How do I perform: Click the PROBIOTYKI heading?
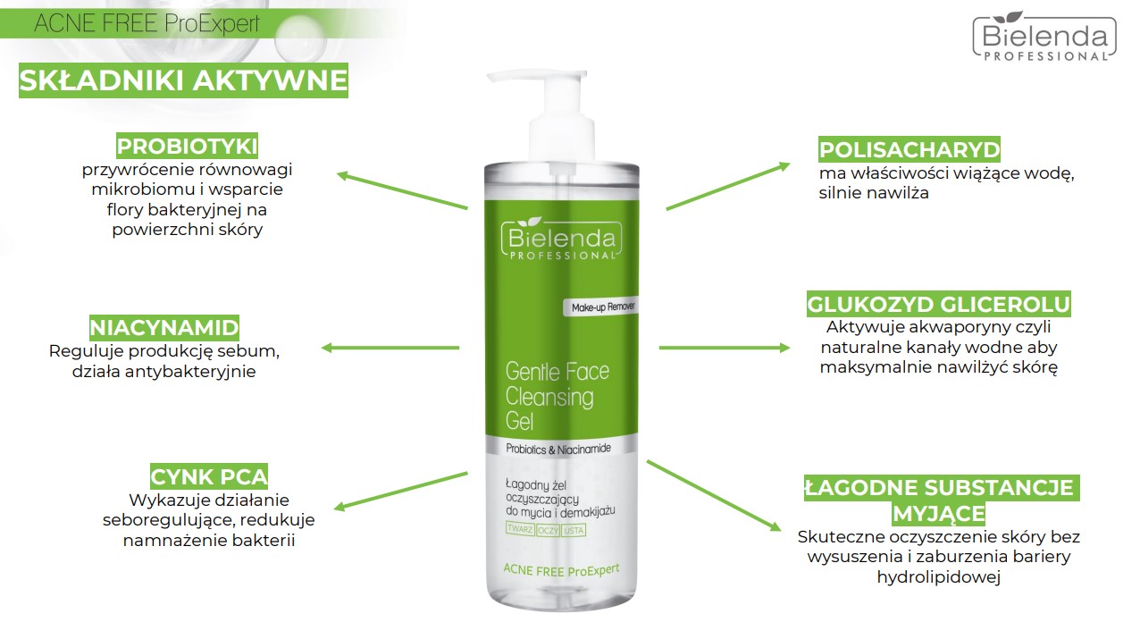coord(188,147)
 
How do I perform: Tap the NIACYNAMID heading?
coord(163,328)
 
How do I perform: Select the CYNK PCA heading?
coord(209,477)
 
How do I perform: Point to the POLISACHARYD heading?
coord(909,149)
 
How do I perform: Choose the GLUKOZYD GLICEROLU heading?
coord(938,304)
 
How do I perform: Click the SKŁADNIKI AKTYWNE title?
coord(183,80)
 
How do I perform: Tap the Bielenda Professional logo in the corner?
coord(1044,37)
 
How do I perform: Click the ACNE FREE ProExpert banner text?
coord(147,23)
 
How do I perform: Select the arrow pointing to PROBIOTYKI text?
coord(402,190)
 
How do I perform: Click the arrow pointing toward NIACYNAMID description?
coord(390,348)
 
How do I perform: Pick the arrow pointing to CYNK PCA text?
coord(400,492)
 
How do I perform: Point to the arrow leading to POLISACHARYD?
coord(728,187)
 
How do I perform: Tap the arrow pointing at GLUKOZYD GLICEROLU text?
coord(725,348)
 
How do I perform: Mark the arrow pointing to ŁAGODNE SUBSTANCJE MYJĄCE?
coord(714,495)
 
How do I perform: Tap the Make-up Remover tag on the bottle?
coord(600,307)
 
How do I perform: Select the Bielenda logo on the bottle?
coord(561,239)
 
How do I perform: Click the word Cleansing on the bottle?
coord(549,398)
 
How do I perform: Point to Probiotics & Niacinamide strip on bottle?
coord(558,449)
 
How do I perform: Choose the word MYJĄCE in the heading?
coord(938,514)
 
